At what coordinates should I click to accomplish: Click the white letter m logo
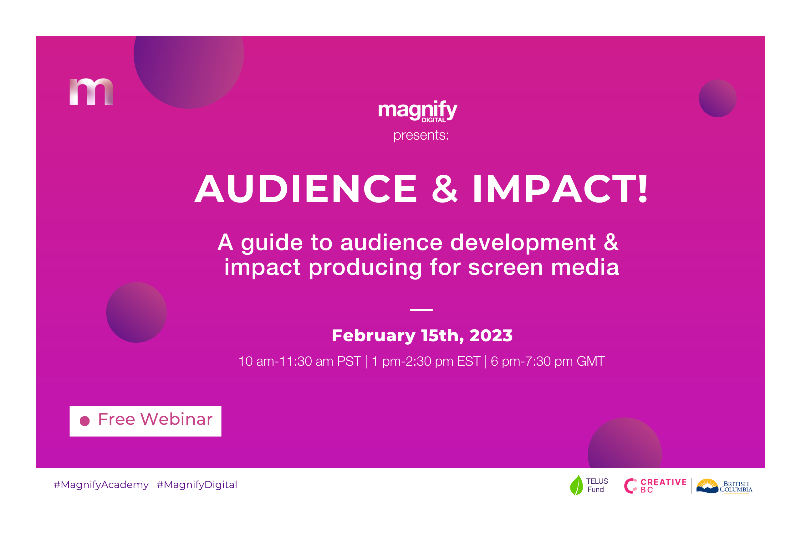tap(91, 92)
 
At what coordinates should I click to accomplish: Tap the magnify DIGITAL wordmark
tap(418, 111)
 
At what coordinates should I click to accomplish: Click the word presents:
tap(421, 136)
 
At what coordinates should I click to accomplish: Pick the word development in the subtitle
tap(523, 243)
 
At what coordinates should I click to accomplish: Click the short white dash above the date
tap(421, 310)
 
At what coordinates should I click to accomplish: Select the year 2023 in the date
tap(491, 335)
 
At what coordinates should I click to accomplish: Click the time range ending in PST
tap(299, 361)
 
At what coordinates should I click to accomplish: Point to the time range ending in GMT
tap(548, 361)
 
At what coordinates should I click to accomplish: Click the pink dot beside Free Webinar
tap(84, 421)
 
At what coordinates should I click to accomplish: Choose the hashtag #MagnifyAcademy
tap(101, 485)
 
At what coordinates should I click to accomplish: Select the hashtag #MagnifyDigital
tap(197, 485)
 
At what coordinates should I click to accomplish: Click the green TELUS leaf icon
tap(576, 485)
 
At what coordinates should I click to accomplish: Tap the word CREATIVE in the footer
tap(664, 482)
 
